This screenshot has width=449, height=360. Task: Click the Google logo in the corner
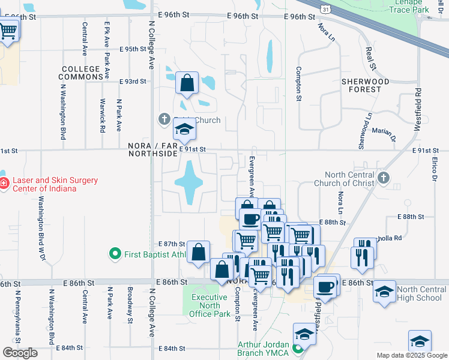click(x=20, y=353)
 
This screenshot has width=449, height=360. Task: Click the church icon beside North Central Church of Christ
click(x=384, y=178)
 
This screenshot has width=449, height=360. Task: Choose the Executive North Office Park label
click(x=209, y=305)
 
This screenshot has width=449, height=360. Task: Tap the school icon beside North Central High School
click(x=384, y=292)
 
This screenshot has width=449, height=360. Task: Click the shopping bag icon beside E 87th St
click(x=198, y=252)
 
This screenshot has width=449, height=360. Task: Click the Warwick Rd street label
click(x=103, y=115)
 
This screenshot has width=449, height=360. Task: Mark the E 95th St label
click(x=133, y=49)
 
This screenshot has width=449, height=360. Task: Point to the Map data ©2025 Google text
click(x=411, y=355)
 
